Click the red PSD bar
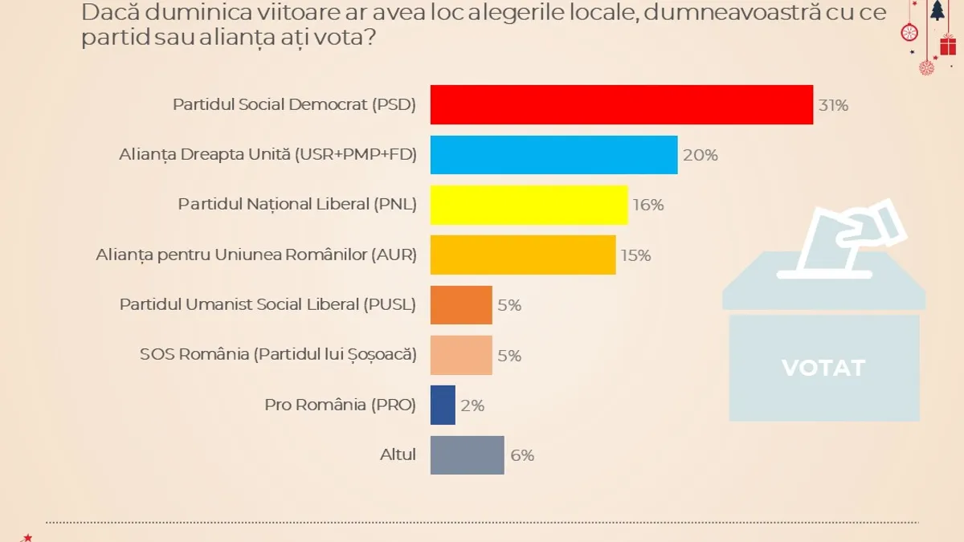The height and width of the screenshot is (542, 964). click(622, 104)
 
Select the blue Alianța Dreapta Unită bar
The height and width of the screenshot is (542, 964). click(553, 155)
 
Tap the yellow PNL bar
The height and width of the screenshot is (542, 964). click(529, 205)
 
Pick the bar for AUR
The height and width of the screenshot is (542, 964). click(523, 255)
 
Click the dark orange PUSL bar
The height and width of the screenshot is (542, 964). click(461, 305)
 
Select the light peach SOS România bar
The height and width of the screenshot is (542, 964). click(461, 355)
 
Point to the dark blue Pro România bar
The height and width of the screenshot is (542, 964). click(443, 405)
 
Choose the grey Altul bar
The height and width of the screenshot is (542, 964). click(468, 455)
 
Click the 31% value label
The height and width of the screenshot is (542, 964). click(833, 105)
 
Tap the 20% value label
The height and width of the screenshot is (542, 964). click(700, 156)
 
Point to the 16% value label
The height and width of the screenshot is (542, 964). click(647, 206)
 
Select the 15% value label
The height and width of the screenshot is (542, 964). click(635, 255)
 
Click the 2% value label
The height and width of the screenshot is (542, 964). click(472, 405)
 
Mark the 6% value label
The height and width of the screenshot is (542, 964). click(522, 455)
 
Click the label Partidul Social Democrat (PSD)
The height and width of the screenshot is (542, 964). click(295, 105)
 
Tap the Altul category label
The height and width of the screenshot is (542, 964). click(398, 454)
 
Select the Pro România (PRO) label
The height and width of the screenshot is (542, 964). click(340, 405)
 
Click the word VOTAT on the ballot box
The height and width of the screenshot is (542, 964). click(823, 368)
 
